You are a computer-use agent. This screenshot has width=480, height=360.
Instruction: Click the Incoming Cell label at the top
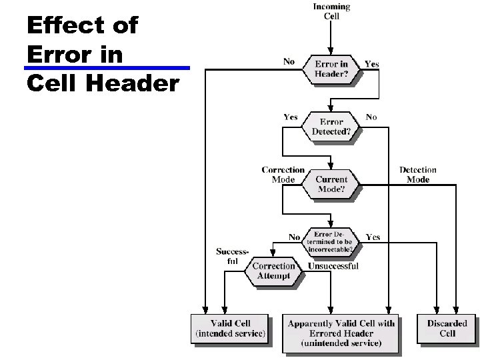click(x=331, y=11)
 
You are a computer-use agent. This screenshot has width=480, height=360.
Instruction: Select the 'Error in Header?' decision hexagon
click(x=331, y=69)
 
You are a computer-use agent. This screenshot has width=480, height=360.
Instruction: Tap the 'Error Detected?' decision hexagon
click(x=331, y=127)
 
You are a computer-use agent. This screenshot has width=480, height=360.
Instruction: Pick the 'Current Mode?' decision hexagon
click(x=331, y=184)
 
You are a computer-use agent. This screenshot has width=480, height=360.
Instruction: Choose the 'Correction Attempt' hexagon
click(x=273, y=271)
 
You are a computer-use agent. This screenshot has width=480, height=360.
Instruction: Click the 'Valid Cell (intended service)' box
click(x=230, y=329)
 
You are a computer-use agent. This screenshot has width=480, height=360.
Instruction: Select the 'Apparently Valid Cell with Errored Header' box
click(x=341, y=333)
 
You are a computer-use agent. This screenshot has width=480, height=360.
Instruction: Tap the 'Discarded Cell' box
click(x=447, y=329)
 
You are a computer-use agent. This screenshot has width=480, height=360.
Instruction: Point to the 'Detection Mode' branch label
click(x=418, y=175)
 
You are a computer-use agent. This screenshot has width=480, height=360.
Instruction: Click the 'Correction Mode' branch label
click(x=283, y=175)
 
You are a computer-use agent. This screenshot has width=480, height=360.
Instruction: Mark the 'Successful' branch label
click(x=232, y=257)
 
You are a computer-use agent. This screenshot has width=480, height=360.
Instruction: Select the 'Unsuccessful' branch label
click(x=333, y=266)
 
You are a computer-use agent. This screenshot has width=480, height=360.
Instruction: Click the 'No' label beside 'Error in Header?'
click(x=289, y=61)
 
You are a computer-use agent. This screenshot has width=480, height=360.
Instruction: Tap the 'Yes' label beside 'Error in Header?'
click(x=372, y=64)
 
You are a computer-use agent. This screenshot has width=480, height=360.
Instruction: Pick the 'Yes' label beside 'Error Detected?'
click(x=291, y=117)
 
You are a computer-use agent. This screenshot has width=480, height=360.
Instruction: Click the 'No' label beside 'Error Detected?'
click(x=371, y=117)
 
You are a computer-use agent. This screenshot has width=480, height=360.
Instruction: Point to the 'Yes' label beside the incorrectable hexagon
click(x=373, y=237)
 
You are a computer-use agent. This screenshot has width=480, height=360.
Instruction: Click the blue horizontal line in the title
click(x=107, y=68)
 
